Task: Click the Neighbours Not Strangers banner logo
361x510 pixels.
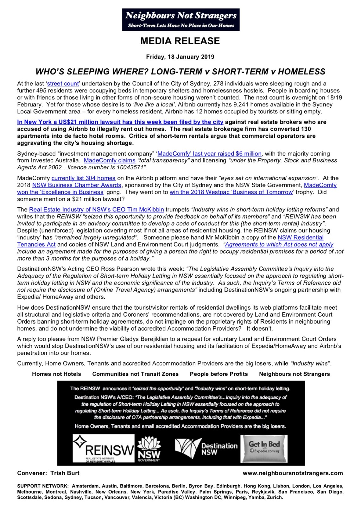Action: pyautogui.click(x=180, y=19)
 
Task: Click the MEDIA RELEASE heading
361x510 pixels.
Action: pyautogui.click(x=180, y=41)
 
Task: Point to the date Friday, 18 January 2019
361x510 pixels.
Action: pyautogui.click(x=180, y=57)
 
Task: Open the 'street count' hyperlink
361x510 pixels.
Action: pyautogui.click(x=63, y=84)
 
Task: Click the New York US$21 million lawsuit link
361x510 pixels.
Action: pyautogui.click(x=120, y=122)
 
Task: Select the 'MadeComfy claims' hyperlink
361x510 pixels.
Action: pyautogui.click(x=110, y=161)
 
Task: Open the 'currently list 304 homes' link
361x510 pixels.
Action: pyautogui.click(x=83, y=178)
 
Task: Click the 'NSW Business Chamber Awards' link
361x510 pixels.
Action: pyautogui.click(x=77, y=185)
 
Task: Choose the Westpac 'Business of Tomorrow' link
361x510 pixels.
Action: pyautogui.click(x=231, y=192)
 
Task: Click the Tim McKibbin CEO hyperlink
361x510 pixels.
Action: pyautogui.click(x=97, y=210)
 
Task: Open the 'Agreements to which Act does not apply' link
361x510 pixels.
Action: pyautogui.click(x=279, y=244)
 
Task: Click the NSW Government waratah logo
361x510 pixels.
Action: pyautogui.click(x=148, y=449)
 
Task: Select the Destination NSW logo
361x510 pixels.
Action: pyautogui.click(x=206, y=449)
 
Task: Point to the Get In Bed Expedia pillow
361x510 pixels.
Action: pyautogui.click(x=264, y=448)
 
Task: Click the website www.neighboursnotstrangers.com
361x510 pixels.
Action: pyautogui.click(x=293, y=473)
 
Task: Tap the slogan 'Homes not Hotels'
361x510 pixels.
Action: pyautogui.click(x=56, y=374)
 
